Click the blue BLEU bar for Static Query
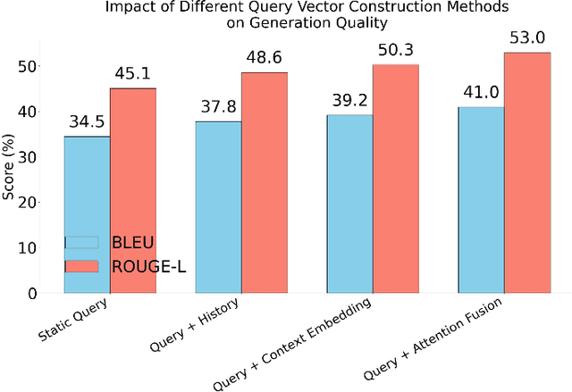click(x=87, y=214)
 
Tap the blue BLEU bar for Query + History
click(x=218, y=206)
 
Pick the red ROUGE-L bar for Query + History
click(x=264, y=182)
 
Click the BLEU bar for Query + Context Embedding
click(x=349, y=204)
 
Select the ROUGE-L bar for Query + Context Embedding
click(x=395, y=179)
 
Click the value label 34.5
click(x=87, y=123)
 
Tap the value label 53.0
click(x=526, y=38)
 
